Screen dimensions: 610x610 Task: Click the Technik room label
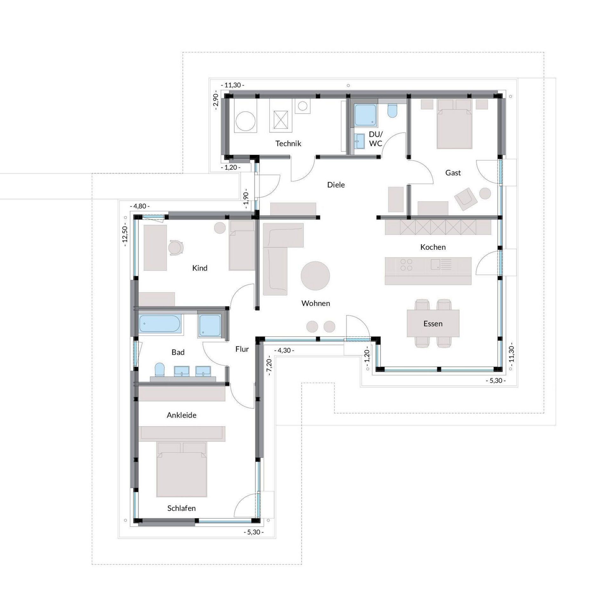tap(288, 144)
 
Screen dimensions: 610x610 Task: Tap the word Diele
tap(336, 185)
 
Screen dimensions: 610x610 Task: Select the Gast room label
tap(453, 173)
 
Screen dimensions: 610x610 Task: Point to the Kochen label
tap(433, 247)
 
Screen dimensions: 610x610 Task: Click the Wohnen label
tap(316, 303)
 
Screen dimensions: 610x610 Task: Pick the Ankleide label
tap(181, 415)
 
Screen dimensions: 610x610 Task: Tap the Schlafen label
tap(181, 508)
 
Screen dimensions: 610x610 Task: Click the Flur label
tap(242, 349)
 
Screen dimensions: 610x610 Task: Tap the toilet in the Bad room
tap(159, 370)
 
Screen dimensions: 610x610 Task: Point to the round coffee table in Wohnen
tap(315, 276)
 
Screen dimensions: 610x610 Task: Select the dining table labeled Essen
tap(433, 323)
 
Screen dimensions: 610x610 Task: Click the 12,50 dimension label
tap(125, 236)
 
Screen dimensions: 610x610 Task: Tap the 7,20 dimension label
tap(269, 368)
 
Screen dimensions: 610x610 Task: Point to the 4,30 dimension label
tap(286, 351)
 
